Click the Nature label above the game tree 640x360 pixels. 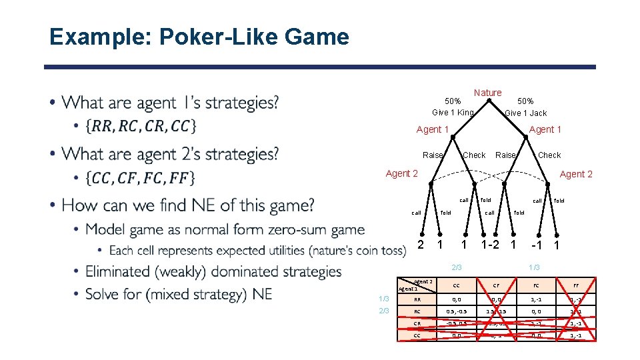487,93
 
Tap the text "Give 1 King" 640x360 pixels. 453,113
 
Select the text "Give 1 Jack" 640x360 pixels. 525,113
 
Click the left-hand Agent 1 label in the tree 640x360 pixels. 432,129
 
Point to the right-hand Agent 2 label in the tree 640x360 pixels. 576,174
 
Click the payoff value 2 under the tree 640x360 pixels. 420,245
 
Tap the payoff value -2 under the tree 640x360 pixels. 493,245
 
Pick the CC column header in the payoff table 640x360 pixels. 456,285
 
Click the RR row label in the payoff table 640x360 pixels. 417,300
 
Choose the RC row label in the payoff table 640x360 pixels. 417,312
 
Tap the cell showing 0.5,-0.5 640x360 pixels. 456,312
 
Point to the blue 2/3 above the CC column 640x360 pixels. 456,267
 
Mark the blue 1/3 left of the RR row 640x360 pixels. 384,300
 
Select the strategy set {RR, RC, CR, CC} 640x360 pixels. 141,126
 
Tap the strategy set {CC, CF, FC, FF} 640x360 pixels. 141,178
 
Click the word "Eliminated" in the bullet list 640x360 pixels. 118,271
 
